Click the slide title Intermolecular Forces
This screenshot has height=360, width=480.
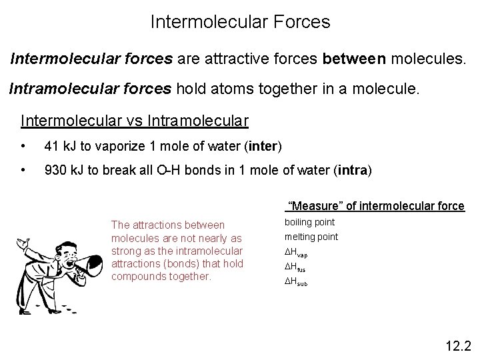coord(240,22)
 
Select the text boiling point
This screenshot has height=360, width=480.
coord(310,222)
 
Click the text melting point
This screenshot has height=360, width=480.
coord(311,237)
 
